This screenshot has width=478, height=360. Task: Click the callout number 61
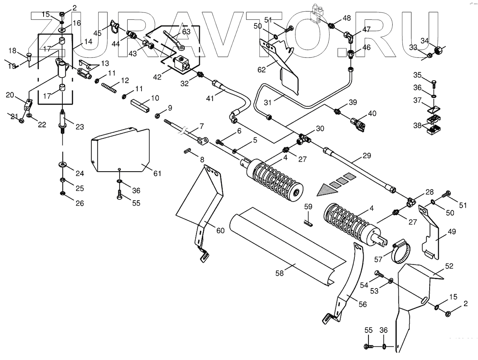157,173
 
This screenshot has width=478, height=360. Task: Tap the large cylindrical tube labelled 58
286,246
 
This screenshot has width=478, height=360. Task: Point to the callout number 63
186,32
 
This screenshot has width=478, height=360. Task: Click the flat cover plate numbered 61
121,150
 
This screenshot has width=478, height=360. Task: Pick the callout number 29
367,156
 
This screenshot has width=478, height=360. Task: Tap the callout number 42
157,77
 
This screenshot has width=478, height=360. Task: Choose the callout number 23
80,127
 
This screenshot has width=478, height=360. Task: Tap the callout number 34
425,40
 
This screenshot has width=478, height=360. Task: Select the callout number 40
372,114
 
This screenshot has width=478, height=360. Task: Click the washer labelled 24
63,164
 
